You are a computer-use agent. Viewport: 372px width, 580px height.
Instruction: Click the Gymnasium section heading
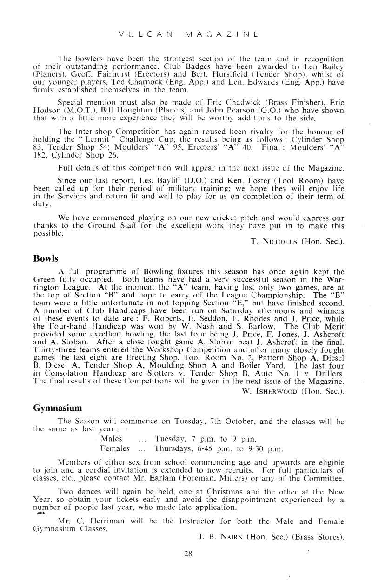(x=58, y=408)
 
